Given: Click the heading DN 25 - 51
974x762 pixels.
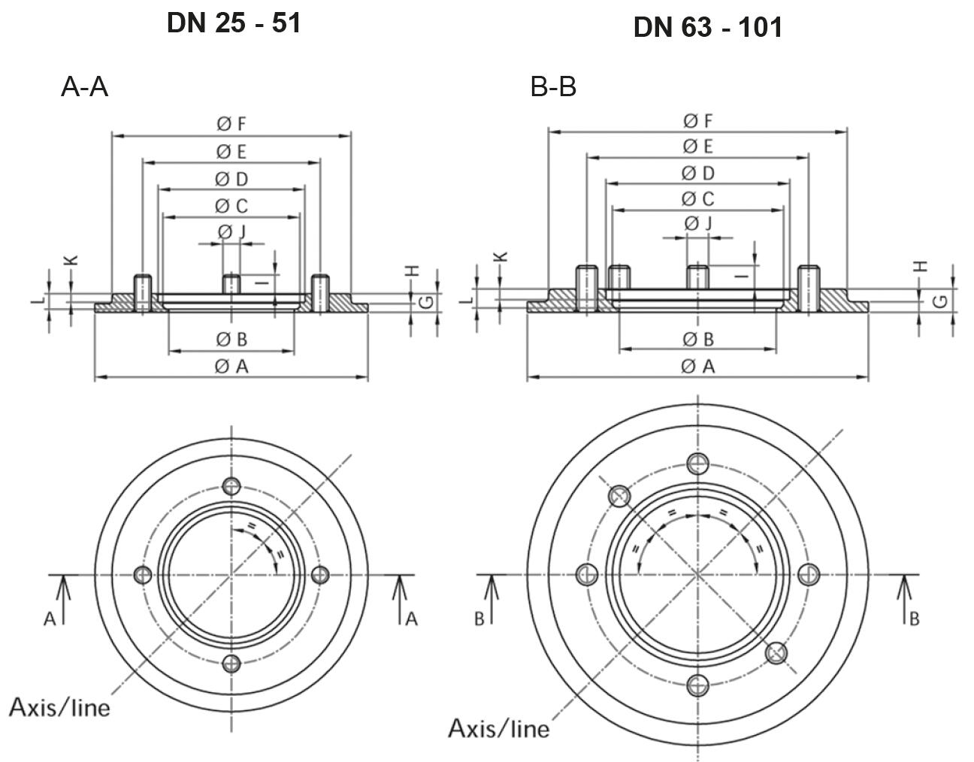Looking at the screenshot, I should [234, 23].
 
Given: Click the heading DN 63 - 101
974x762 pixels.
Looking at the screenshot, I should [707, 28].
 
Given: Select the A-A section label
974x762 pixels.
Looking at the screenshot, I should [84, 88].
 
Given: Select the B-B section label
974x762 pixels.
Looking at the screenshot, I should [553, 88].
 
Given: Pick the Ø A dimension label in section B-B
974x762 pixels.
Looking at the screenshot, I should [698, 366].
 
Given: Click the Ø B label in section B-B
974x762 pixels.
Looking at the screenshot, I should [698, 339].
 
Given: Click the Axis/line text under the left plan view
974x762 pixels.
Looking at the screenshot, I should [59, 707].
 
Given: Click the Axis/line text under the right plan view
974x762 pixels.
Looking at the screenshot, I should [498, 728].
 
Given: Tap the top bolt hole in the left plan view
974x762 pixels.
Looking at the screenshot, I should [231, 485].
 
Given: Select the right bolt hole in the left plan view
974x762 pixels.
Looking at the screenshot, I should [320, 575].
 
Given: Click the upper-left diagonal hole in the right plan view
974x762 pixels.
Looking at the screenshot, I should [619, 496].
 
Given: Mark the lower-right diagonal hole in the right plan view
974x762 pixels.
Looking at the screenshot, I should [776, 653].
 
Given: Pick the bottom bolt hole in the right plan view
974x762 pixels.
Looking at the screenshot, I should [698, 685].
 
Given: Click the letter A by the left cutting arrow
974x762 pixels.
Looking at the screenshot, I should [50, 619].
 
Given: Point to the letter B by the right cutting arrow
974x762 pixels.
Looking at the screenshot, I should [914, 619].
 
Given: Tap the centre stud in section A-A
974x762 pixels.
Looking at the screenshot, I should [231, 285].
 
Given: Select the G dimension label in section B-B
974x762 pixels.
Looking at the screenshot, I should [939, 301].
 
